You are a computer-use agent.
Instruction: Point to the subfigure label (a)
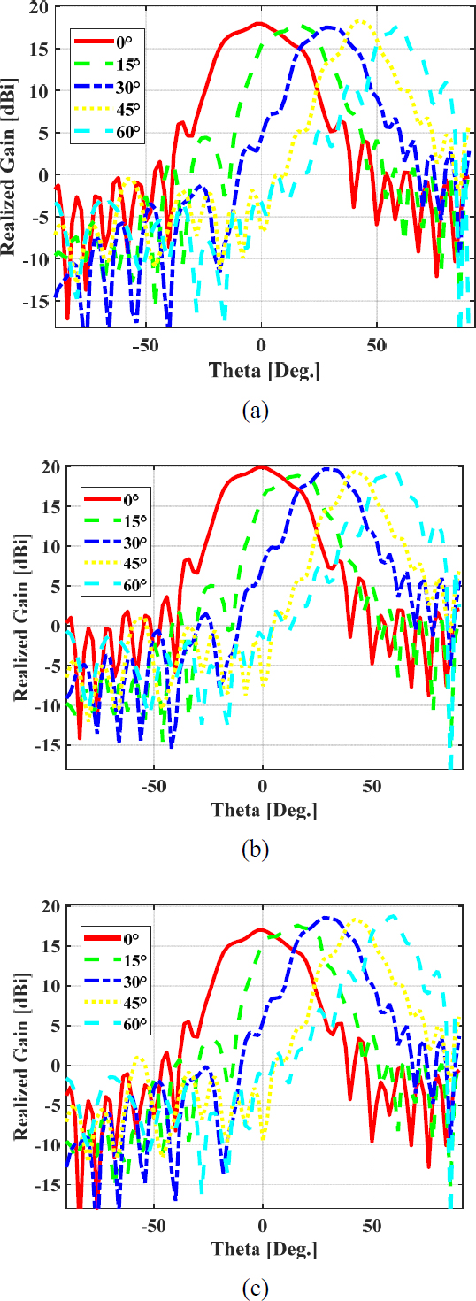(254, 410)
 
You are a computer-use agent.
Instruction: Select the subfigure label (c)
(254, 1287)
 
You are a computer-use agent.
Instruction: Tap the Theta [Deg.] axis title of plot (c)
(262, 1250)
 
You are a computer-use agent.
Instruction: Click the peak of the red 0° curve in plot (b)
(262, 466)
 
